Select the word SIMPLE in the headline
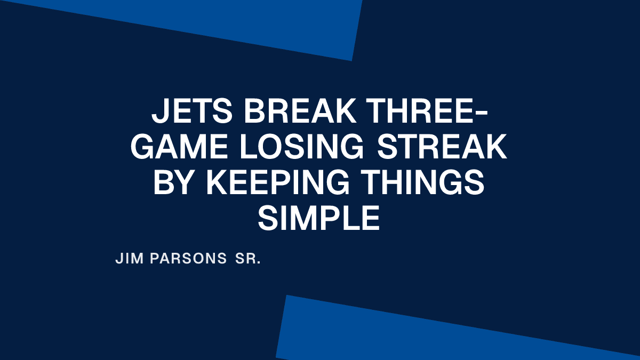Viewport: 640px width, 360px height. [319, 218]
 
